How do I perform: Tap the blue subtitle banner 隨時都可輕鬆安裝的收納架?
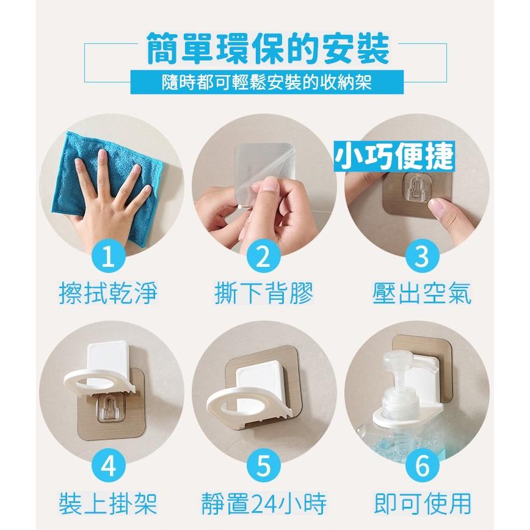[264, 81]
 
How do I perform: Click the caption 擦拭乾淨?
[109, 294]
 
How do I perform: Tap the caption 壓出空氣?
[421, 294]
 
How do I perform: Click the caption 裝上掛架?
[109, 504]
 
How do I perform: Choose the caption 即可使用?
[421, 504]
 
